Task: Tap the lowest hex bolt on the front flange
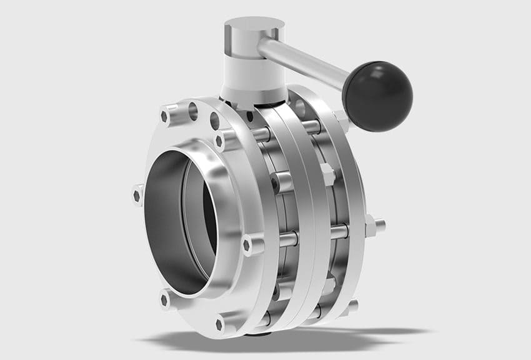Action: pyautogui.click(x=221, y=324)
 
